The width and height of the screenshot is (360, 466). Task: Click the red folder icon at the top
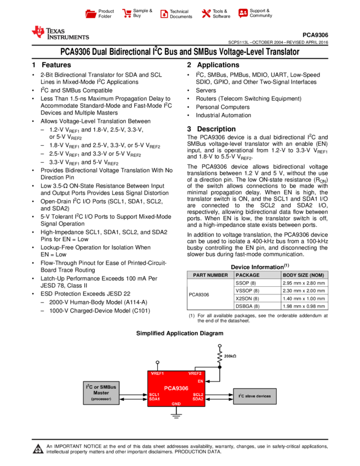tap(91, 14)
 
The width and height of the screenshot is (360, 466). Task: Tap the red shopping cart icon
tap(127, 14)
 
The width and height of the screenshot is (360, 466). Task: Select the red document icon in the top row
tap(164, 14)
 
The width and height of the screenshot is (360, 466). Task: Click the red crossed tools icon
tap(206, 14)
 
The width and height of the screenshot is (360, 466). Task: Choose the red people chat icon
tap(243, 13)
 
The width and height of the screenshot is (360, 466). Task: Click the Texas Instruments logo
tap(60, 33)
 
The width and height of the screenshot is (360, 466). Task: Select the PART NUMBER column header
tap(210, 275)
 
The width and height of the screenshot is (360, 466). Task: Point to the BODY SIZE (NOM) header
tap(304, 275)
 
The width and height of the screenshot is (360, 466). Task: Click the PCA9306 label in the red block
tap(176, 388)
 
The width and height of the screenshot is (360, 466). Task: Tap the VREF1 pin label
tap(157, 374)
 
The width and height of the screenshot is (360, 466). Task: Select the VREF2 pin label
tap(195, 374)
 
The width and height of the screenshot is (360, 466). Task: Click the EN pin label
tap(201, 380)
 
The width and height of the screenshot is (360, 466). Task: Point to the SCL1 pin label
tap(154, 394)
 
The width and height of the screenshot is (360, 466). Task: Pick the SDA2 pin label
tap(198, 399)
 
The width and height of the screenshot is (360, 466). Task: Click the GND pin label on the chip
tap(176, 404)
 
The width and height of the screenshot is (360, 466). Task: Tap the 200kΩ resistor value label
tap(230, 356)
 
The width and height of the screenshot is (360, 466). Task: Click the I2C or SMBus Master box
tap(101, 393)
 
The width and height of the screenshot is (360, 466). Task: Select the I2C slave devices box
tap(255, 396)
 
